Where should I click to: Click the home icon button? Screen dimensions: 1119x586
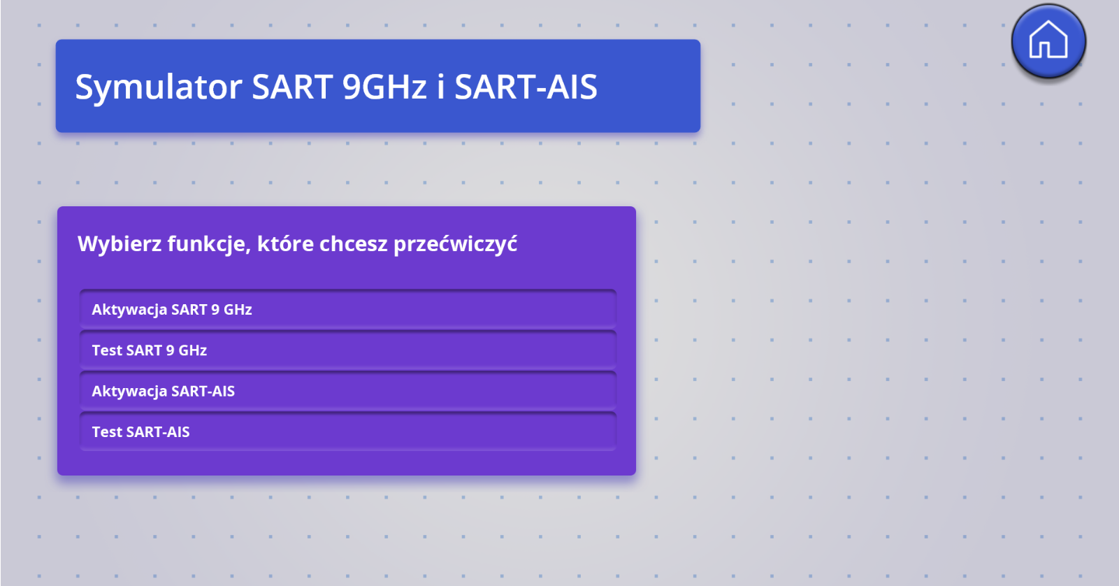coord(1048,41)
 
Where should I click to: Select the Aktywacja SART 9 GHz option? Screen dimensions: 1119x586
coord(347,309)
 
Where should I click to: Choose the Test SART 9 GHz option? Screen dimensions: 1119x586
coord(347,350)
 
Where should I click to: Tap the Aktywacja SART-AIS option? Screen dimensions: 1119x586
coord(347,391)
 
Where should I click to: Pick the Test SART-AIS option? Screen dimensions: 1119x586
coord(347,431)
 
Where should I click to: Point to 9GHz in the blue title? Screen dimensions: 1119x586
coord(384,87)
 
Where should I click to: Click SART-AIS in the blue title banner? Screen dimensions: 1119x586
coord(526,87)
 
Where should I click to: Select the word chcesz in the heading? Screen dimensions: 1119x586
coord(354,244)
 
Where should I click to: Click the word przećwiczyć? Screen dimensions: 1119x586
coord(456,245)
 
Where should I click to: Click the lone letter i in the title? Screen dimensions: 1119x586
coord(440,87)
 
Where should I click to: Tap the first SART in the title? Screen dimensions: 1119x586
coord(292,87)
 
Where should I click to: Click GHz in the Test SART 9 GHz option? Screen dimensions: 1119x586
coord(193,350)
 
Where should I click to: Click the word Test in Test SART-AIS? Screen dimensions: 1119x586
coord(107,432)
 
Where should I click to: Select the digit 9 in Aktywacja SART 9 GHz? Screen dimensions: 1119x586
coord(215,310)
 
